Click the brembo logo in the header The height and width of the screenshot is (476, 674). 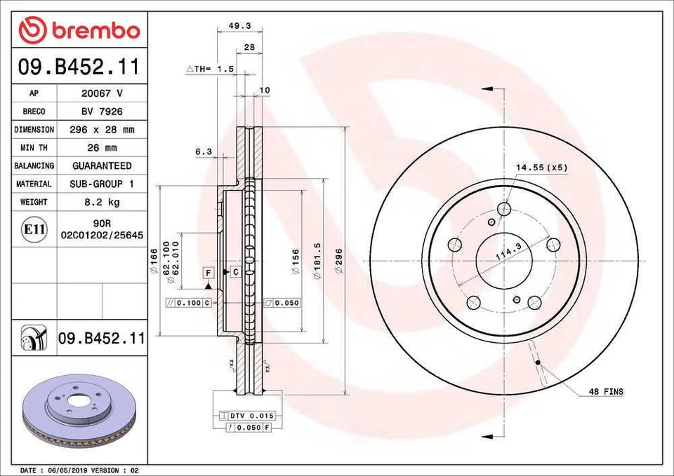coord(79,30)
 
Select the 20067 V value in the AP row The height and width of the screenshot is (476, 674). coord(103,93)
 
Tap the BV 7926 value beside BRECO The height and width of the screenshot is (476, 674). coord(103,111)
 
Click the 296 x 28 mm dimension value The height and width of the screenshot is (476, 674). coord(103,130)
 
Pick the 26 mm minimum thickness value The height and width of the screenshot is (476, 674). coord(103,148)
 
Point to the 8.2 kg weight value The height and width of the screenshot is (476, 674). coord(103,202)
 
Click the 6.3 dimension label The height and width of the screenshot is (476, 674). coord(203,151)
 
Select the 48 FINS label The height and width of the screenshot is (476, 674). coord(605,391)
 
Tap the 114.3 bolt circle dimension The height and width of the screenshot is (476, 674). coord(508,251)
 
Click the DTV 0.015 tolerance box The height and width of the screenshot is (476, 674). coord(247,416)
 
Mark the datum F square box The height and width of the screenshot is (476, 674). coord(209,272)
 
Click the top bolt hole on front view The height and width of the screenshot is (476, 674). coord(503,208)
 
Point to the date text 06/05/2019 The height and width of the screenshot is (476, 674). coord(67,470)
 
